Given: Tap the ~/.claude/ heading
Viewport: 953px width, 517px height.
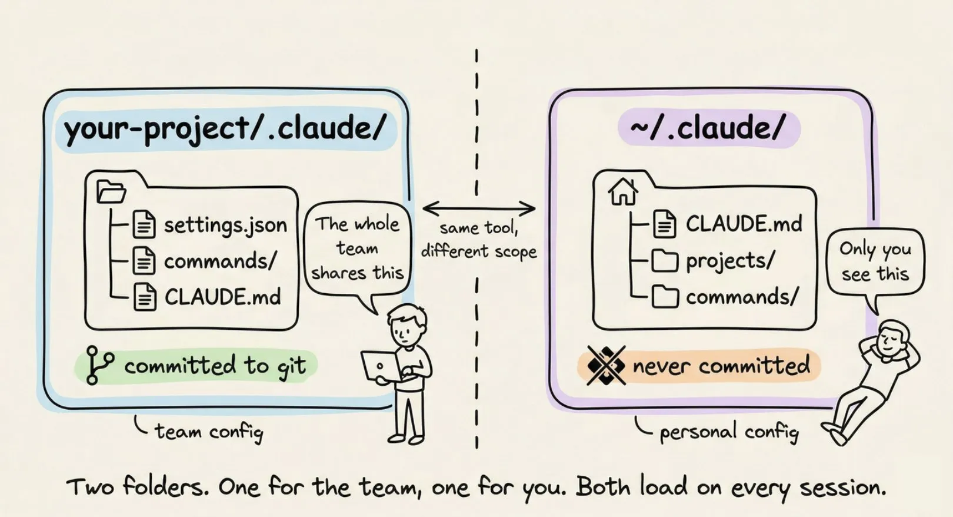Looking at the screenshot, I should point(708,128).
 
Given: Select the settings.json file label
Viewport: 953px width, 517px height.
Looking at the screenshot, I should point(225,225).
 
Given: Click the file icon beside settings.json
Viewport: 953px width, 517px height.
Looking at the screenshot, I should point(144,224).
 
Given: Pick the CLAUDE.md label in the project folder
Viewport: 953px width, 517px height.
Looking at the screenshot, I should point(222,297).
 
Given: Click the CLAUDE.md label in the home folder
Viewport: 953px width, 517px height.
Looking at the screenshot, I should point(744,224).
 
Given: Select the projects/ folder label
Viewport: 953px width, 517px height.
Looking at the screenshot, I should point(730,260).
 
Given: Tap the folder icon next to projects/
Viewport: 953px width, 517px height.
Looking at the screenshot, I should point(665,260).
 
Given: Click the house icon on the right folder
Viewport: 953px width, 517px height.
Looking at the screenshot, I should point(622,191).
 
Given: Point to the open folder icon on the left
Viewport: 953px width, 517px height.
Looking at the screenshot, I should point(111,192).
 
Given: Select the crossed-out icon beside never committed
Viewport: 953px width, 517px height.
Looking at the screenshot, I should point(605,366).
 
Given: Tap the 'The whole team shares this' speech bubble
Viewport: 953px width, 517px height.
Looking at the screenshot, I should point(357,248).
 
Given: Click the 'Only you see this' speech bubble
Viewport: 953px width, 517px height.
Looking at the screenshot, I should point(875,262).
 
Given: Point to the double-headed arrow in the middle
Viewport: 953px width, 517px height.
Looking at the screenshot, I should point(479,208).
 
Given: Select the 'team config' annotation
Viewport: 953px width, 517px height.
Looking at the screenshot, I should point(208,432).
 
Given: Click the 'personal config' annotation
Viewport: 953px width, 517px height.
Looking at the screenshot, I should point(728,432).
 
